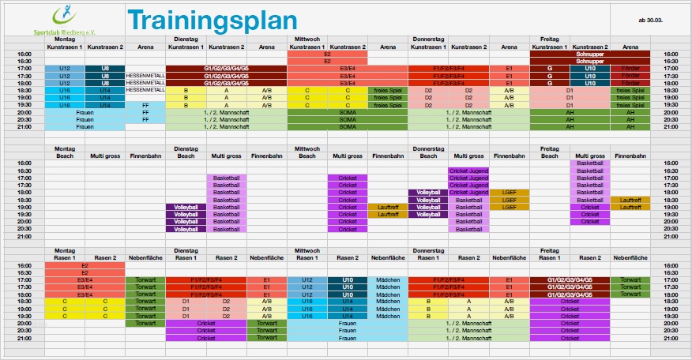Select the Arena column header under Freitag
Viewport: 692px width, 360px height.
coord(630,47)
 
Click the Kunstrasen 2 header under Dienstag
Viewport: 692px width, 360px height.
coord(226,47)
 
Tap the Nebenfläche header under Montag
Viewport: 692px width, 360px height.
coord(145,258)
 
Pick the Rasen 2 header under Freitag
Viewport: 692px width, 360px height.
coord(590,258)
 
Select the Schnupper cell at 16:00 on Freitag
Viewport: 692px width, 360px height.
coord(590,54)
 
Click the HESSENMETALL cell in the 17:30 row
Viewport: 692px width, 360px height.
coord(145,76)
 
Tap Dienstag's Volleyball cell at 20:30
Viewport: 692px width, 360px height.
coord(186,229)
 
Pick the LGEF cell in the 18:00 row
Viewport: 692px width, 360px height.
coord(509,192)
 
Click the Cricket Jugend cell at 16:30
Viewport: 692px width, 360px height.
coord(468,171)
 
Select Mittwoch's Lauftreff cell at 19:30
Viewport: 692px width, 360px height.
coord(388,214)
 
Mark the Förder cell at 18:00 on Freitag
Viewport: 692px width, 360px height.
coord(630,83)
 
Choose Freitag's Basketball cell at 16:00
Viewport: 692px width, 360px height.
coord(590,163)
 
